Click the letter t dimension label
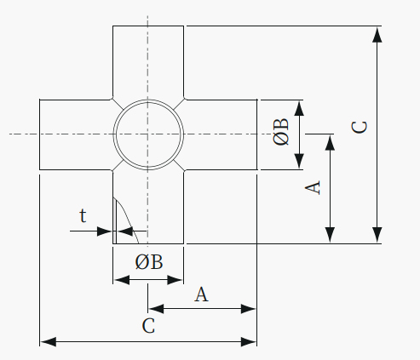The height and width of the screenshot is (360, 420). [x=83, y=216]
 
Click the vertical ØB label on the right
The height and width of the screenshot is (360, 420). [x=281, y=132]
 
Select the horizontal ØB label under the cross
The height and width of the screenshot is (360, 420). [x=149, y=262]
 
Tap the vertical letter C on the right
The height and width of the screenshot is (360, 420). [x=359, y=127]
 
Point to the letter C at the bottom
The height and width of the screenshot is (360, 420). [x=148, y=326]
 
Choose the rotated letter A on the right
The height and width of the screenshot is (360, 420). [x=313, y=187]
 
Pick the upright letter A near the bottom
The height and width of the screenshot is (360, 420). [x=201, y=294]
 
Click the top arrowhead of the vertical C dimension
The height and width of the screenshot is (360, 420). [x=377, y=35]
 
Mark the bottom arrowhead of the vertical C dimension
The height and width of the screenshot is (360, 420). [x=377, y=235]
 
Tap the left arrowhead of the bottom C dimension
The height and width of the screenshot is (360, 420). [x=49, y=341]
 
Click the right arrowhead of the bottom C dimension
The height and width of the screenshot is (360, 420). [x=249, y=341]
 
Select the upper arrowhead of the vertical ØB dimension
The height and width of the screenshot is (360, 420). [x=299, y=108]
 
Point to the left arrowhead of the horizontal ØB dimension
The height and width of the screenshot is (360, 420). [x=122, y=280]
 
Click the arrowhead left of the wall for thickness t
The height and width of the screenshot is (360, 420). [x=105, y=231]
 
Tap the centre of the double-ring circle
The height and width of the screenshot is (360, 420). [x=148, y=134]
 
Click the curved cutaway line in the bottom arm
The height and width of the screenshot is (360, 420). [x=129, y=217]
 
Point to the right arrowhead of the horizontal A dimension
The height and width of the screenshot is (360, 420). [x=249, y=309]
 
